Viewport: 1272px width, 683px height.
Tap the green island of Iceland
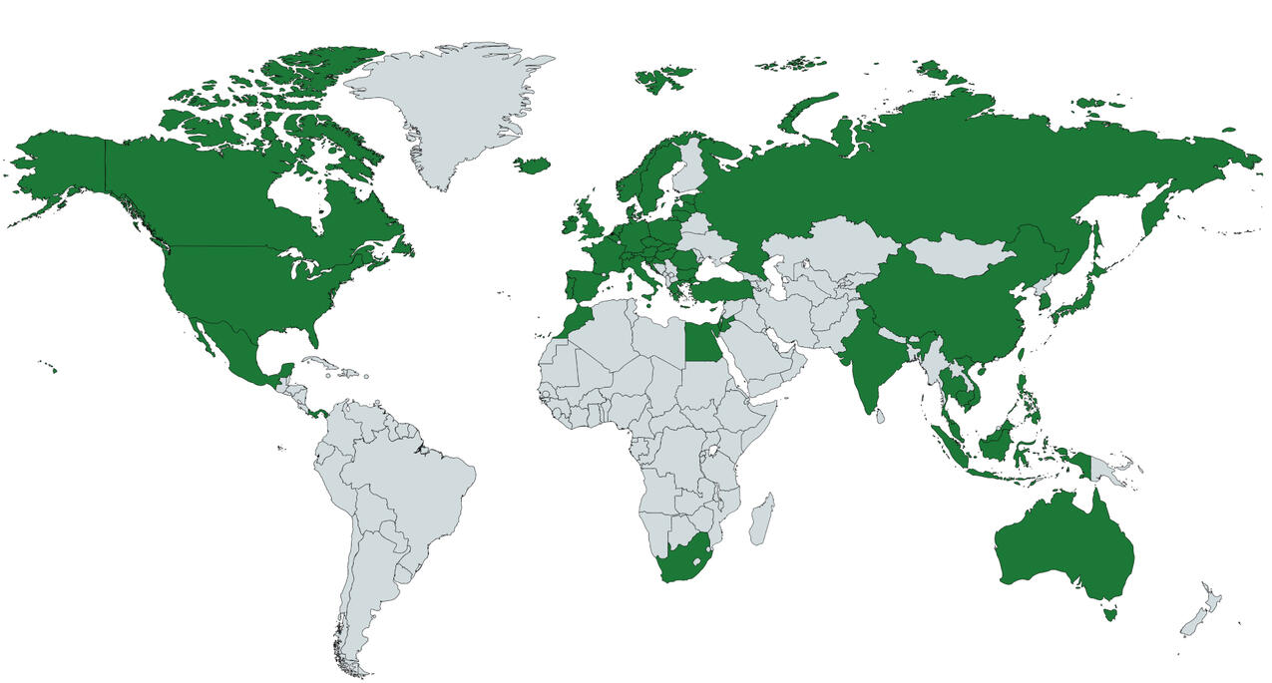tap(533, 165)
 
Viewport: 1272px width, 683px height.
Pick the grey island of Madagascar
tap(760, 519)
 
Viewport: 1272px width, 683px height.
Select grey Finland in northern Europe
tap(687, 170)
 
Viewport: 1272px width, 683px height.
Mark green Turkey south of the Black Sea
tap(723, 289)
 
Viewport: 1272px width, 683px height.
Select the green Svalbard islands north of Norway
tap(663, 78)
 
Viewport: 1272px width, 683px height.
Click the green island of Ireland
tap(570, 225)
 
